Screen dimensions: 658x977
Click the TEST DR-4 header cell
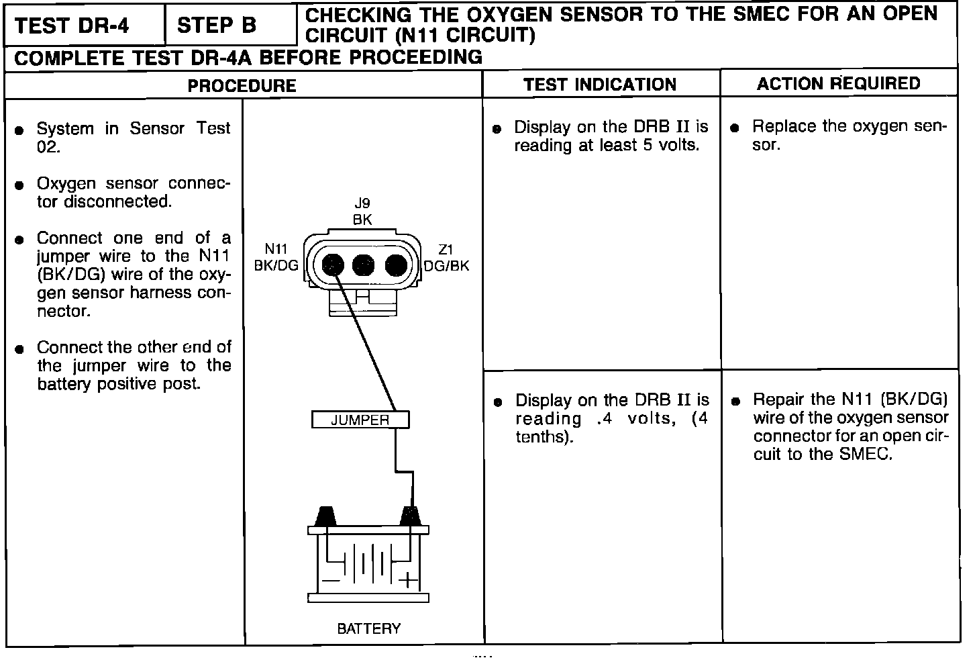(x=82, y=26)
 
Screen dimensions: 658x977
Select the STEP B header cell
(x=217, y=26)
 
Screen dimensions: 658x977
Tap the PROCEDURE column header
(x=242, y=85)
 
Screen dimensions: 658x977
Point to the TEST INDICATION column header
(x=600, y=85)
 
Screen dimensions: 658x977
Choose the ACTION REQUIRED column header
(x=839, y=83)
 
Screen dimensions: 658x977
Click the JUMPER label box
(x=360, y=420)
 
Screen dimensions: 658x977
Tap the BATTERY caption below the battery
(x=368, y=629)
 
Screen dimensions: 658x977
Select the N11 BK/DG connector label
(x=276, y=258)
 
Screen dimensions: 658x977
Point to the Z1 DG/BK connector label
(x=446, y=258)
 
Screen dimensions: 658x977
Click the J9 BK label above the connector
(x=362, y=211)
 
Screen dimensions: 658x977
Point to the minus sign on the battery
(x=329, y=579)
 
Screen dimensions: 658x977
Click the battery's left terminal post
(x=325, y=516)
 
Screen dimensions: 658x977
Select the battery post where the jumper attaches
(x=410, y=516)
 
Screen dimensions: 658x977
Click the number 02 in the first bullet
(x=48, y=146)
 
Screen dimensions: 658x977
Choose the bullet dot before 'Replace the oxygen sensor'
(x=735, y=128)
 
